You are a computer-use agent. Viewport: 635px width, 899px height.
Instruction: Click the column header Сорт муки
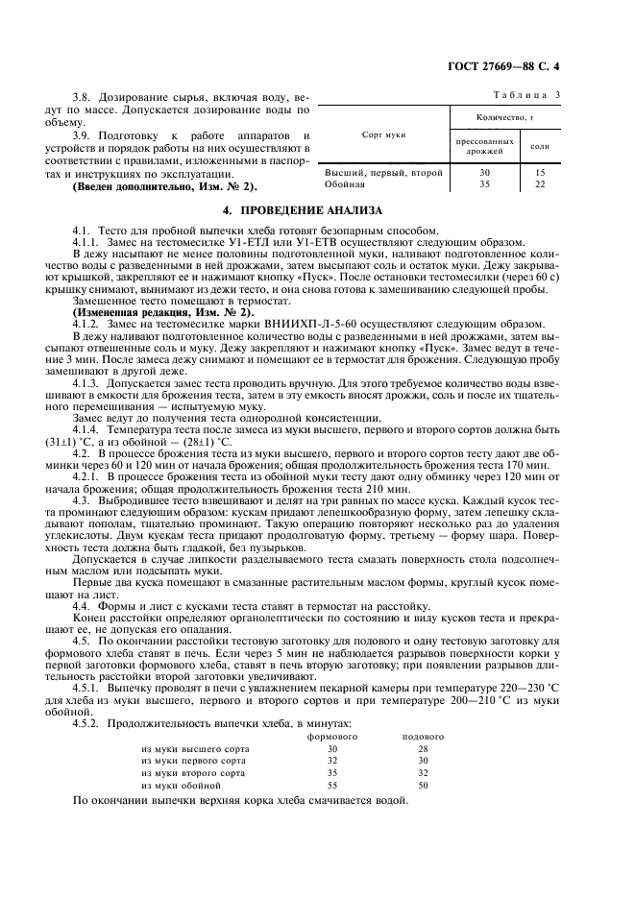coord(383,135)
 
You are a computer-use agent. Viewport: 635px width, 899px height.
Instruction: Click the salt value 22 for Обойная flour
coord(539,183)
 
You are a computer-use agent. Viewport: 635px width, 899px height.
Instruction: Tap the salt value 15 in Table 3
coord(539,172)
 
